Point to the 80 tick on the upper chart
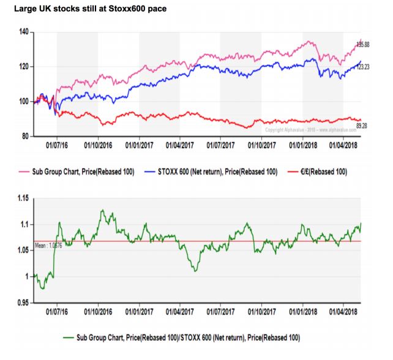[24, 136]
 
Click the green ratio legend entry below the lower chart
[181, 337]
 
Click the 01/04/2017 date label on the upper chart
[180, 146]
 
